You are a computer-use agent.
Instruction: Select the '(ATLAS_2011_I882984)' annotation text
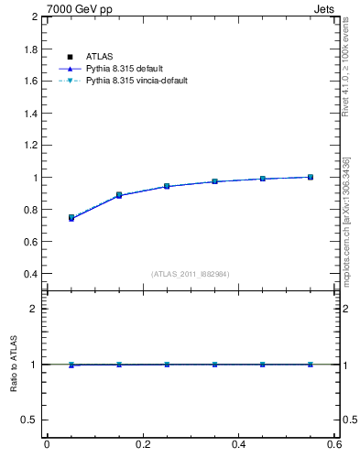(190, 274)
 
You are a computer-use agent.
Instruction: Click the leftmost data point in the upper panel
(71, 218)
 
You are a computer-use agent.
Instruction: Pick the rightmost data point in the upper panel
(311, 177)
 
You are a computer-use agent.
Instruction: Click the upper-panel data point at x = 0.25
(167, 186)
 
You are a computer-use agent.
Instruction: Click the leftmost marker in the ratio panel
(71, 365)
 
